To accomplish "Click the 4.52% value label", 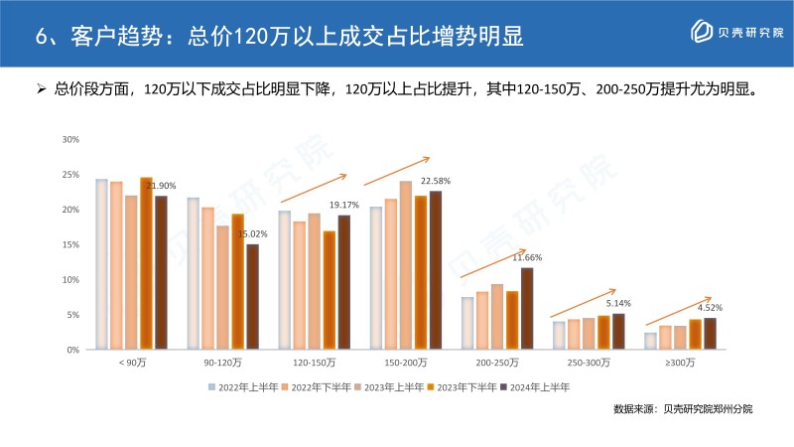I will (x=710, y=307).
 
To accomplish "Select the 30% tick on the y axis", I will (x=70, y=139).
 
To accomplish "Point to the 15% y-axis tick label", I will (x=70, y=244).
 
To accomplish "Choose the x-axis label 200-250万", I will (x=496, y=365).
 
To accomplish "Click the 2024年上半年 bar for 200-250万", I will (x=527, y=308).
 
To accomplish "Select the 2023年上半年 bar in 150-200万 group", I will (x=406, y=265).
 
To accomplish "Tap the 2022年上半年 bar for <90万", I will (x=101, y=264).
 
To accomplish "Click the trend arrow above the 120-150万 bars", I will (x=313, y=188).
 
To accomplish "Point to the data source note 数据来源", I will (x=683, y=409).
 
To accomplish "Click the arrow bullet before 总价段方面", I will (x=42, y=90).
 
